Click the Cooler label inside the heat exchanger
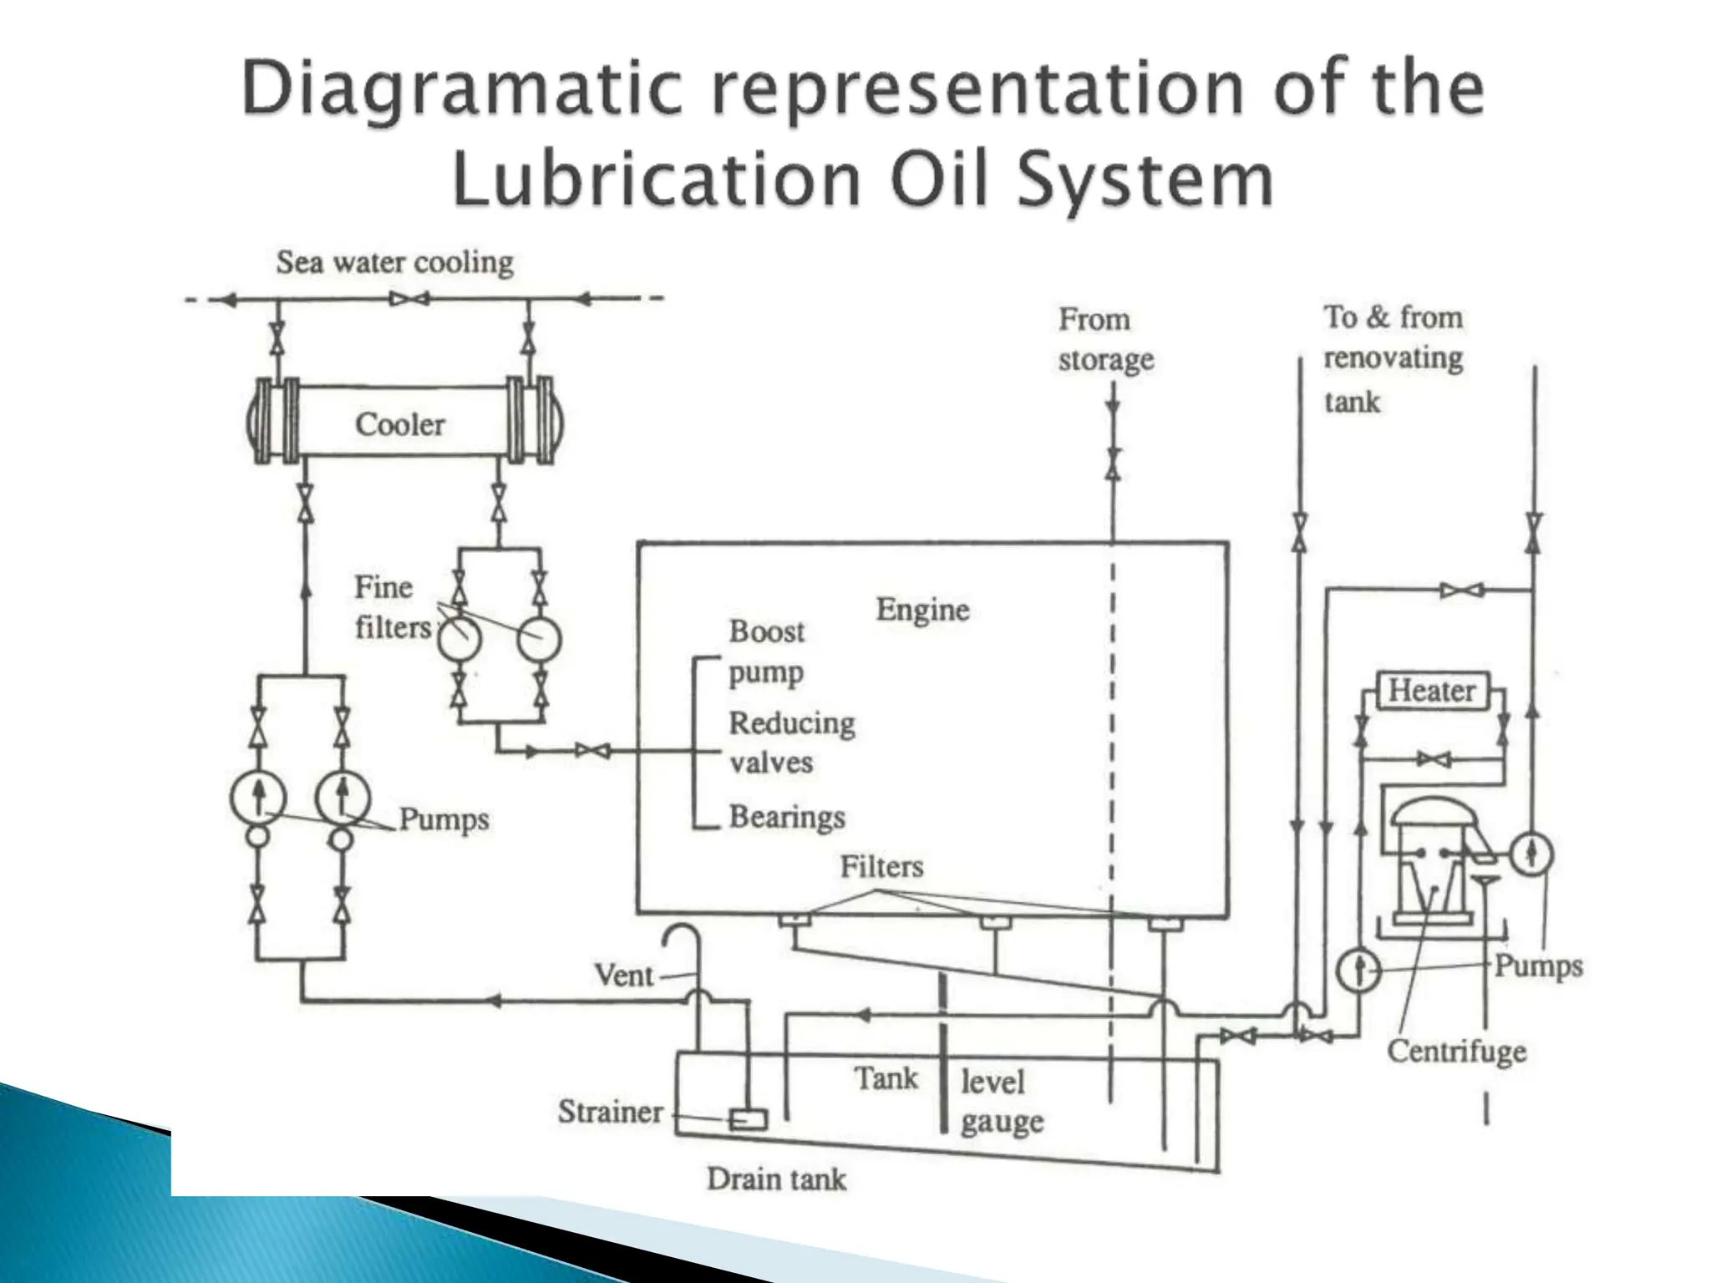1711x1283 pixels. [x=400, y=424]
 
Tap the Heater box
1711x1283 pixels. [x=1432, y=691]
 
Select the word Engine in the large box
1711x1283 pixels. [x=922, y=610]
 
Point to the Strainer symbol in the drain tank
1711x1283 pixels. [x=748, y=1118]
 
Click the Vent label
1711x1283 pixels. [x=623, y=975]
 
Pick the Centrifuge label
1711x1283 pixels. [x=1456, y=1051]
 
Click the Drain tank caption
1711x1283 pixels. [x=776, y=1179]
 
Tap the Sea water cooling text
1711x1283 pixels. [x=394, y=262]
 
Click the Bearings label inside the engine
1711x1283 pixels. [x=787, y=817]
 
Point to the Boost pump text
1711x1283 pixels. [x=766, y=651]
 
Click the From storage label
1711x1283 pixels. [x=1104, y=339]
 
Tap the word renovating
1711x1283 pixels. [x=1393, y=358]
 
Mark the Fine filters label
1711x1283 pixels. [x=388, y=607]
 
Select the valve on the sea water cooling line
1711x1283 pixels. [x=409, y=298]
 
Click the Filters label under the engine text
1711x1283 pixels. [x=881, y=866]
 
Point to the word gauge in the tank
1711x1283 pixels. [x=1002, y=1122]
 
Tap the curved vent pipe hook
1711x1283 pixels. [x=681, y=935]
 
